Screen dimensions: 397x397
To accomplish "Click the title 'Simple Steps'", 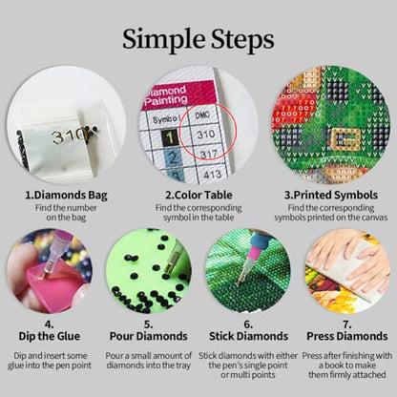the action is click(x=198, y=40).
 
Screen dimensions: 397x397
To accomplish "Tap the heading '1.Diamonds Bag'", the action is click(x=66, y=195).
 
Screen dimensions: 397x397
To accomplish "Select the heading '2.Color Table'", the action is click(x=198, y=195).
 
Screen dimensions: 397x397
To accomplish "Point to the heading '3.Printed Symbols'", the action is click(x=331, y=195).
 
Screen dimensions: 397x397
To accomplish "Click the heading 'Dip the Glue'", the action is click(x=50, y=336).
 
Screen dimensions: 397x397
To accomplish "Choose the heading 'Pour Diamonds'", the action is click(x=149, y=336).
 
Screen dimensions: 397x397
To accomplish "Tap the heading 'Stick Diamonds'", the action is click(x=248, y=336).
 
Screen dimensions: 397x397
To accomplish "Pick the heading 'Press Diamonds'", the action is click(x=347, y=336).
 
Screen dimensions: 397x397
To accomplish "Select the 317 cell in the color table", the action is click(x=209, y=155).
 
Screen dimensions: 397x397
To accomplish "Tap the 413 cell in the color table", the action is click(x=212, y=175).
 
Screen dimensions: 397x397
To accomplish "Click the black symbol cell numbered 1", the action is click(x=170, y=137).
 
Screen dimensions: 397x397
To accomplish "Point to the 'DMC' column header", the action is click(x=202, y=115).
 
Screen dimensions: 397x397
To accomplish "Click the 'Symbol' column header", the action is click(x=167, y=119).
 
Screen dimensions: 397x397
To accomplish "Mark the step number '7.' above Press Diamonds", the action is click(x=347, y=324).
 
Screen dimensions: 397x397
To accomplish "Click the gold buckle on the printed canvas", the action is click(x=345, y=140).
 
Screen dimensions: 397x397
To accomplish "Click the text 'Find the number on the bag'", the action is click(x=66, y=213).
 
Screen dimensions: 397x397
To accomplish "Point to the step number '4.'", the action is click(x=50, y=324).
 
